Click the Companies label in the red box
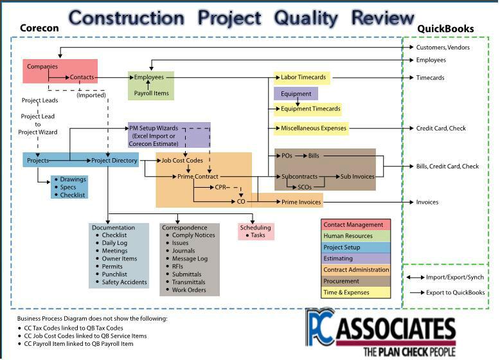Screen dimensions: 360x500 coord(42,66)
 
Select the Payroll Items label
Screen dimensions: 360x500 coord(151,94)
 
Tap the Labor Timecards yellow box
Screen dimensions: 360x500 coord(303,78)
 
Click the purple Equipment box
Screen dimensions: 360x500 coord(296,94)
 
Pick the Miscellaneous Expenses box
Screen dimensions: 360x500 coord(313,128)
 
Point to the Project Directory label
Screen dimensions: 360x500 coord(114,161)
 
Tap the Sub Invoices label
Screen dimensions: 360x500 coord(357,176)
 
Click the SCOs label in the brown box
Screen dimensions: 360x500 coord(305,187)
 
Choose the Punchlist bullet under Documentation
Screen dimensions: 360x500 coord(116,274)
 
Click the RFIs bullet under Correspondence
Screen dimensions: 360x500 coord(178,266)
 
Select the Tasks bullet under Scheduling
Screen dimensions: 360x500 coord(258,235)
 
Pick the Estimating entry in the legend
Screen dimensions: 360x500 coord(338,259)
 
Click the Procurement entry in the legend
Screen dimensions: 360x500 coord(342,282)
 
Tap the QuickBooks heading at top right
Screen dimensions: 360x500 coord(445,29)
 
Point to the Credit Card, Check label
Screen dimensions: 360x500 coord(440,128)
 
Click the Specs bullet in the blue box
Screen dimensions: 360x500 coord(68,187)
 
